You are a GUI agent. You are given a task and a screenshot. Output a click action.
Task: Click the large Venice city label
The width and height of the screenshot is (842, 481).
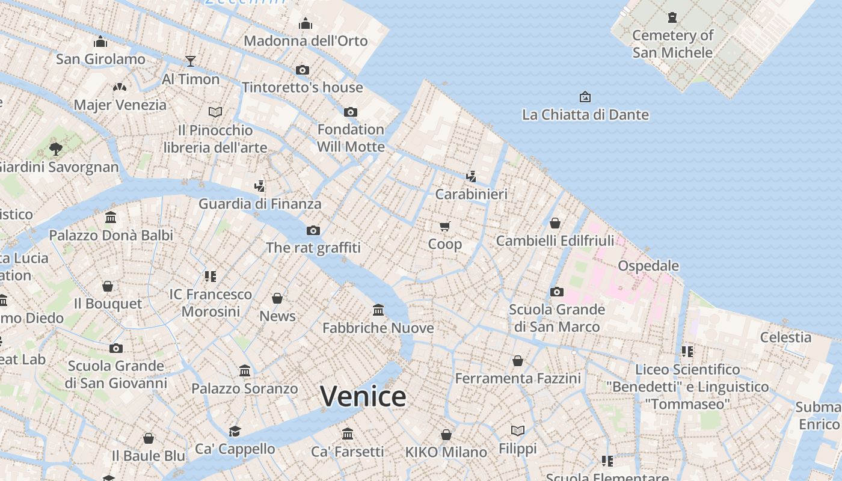(363, 397)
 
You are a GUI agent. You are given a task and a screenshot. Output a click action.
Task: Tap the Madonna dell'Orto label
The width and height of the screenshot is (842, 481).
(306, 41)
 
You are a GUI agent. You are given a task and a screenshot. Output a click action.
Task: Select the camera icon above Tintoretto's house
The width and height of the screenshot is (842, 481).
(303, 70)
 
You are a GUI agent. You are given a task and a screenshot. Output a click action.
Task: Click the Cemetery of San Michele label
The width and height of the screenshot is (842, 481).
(672, 44)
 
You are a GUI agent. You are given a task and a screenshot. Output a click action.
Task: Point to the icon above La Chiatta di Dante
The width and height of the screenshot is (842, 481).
(585, 97)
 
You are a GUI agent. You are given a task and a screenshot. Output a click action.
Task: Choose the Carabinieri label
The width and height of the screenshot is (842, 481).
(472, 194)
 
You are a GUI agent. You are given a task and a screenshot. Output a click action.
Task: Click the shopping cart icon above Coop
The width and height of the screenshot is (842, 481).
(444, 227)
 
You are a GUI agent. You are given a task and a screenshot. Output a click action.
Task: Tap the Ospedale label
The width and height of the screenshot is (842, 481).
(648, 266)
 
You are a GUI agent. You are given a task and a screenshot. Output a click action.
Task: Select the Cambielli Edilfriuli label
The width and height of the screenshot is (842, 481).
(555, 241)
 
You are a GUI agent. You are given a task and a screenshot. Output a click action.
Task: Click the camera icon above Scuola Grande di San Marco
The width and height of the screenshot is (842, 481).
(557, 292)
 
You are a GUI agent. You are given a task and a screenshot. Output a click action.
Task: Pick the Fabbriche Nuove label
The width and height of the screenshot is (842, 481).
(378, 328)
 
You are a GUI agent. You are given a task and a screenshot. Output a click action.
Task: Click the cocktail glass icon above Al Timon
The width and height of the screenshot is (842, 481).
(191, 61)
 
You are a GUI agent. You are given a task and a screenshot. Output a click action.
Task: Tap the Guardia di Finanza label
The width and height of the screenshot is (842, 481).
(260, 204)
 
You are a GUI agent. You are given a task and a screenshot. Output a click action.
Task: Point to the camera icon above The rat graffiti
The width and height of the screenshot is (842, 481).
(313, 230)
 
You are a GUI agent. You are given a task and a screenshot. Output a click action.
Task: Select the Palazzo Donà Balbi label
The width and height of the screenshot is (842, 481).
(111, 236)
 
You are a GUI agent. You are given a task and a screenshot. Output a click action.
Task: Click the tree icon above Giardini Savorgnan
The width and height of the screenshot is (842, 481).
(56, 149)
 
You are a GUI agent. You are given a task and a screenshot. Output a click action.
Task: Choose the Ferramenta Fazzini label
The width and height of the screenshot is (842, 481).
(518, 379)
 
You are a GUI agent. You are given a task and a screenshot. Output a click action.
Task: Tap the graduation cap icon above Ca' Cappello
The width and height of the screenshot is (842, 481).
(235, 431)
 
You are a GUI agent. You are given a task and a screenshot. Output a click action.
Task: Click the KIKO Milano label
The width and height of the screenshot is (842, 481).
(446, 452)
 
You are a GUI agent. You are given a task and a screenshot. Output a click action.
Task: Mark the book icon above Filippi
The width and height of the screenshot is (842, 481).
(518, 430)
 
